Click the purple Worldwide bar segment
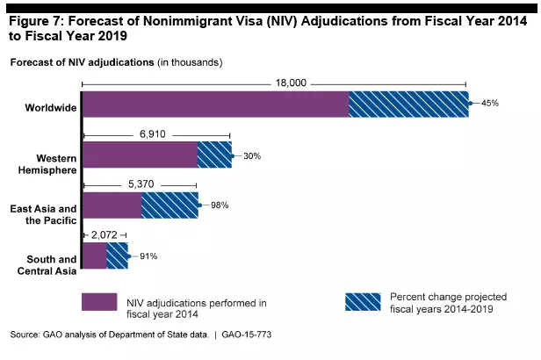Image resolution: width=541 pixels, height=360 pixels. point(215,104)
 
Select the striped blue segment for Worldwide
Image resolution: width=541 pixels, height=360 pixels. point(408,104)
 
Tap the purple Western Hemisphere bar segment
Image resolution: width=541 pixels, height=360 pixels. point(140,155)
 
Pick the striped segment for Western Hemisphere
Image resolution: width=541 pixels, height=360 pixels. point(214,155)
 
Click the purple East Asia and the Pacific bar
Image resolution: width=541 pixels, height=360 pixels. point(112,205)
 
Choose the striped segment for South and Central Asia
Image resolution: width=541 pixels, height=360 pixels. point(117,256)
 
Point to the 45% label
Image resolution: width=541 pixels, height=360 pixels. point(490,104)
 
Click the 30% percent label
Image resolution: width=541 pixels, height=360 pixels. point(253,155)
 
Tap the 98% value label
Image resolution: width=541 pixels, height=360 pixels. point(220,205)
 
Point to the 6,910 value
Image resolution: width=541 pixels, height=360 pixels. point(157,134)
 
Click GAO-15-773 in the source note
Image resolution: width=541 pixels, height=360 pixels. point(259,336)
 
